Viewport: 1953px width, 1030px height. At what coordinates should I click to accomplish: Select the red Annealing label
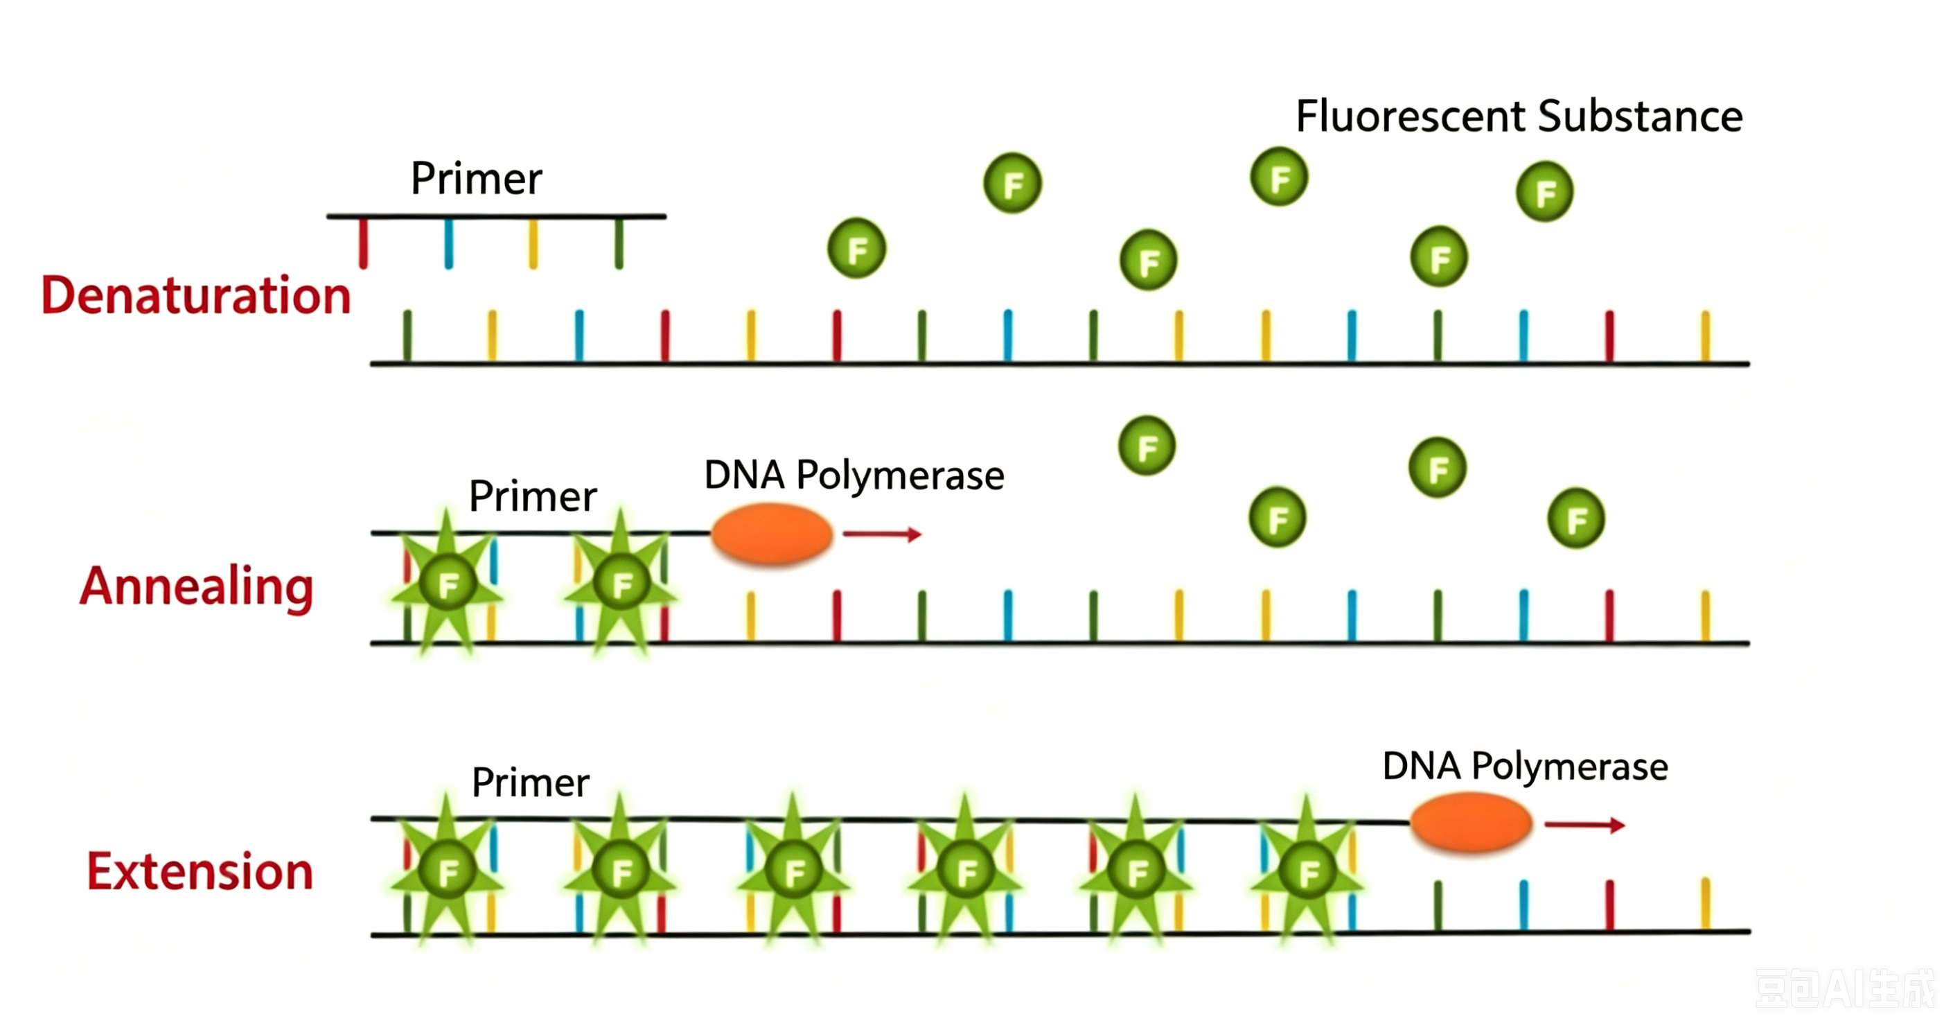[x=196, y=586]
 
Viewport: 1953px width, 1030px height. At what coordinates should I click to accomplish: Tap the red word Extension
[x=200, y=871]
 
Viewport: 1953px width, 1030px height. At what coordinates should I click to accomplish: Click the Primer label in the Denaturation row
[x=476, y=178]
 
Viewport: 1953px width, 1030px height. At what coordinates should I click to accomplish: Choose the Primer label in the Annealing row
[x=533, y=496]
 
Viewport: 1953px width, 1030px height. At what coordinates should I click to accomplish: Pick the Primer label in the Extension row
[x=530, y=782]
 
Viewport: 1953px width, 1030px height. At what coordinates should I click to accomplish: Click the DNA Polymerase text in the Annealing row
[x=854, y=475]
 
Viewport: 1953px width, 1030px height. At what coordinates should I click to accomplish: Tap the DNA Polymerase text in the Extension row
[x=1525, y=766]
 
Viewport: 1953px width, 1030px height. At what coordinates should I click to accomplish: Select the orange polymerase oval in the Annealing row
[x=772, y=534]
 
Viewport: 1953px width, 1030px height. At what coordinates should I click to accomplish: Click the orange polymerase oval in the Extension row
[x=1471, y=822]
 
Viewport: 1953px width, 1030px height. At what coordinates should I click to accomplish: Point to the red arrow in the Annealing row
[x=882, y=534]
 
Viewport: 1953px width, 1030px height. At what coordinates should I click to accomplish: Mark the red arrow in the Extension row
[x=1584, y=824]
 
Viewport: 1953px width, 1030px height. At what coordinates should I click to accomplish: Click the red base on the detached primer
[x=363, y=243]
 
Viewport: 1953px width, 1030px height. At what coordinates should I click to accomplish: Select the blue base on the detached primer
[x=449, y=243]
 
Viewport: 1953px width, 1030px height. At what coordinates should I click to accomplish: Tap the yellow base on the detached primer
[x=533, y=243]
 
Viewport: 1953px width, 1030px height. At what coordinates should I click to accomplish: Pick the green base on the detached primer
[x=619, y=243]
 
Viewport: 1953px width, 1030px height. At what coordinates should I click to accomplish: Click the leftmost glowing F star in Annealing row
[x=448, y=583]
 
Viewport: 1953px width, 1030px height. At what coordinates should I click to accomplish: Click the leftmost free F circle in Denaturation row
[x=857, y=248]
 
